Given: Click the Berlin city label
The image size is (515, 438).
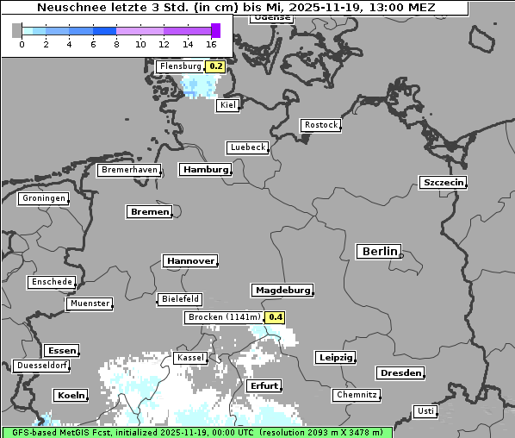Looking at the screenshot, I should tap(379, 252).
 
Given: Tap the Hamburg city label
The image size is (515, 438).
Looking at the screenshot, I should tap(206, 170).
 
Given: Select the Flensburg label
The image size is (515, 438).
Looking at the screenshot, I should tap(181, 66).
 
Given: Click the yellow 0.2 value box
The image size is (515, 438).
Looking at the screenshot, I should tap(216, 66).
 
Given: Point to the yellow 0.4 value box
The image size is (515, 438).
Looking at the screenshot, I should tap(275, 317).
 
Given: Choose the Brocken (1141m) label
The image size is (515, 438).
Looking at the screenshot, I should tap(223, 317).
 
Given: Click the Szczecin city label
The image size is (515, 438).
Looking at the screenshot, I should tap(444, 182).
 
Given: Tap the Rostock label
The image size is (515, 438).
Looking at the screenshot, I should tap(321, 125).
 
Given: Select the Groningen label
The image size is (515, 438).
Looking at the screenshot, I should tap(43, 198).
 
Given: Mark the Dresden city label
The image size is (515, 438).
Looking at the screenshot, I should tap(400, 373).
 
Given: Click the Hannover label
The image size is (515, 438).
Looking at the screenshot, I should tap(189, 260).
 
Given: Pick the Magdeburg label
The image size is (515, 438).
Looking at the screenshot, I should tap(282, 290).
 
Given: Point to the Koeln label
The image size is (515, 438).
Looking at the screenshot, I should tap(71, 396).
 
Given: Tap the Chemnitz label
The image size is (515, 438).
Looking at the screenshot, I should tap(357, 395).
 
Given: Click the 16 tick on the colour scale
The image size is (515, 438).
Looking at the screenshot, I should tap(212, 44).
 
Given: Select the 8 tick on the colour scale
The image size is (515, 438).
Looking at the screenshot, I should tap(116, 44).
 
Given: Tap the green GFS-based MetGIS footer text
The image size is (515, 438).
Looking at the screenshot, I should tap(196, 432).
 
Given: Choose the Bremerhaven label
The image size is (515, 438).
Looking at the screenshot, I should tap(129, 170).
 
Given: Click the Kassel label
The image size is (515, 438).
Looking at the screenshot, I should tap(189, 358).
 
